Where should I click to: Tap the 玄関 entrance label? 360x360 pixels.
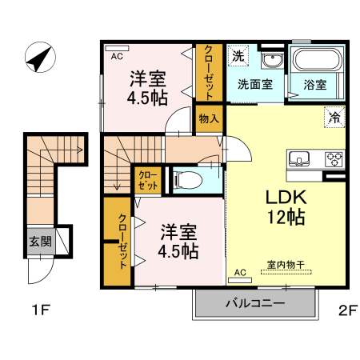point(39,241)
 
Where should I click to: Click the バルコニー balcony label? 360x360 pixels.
point(254,304)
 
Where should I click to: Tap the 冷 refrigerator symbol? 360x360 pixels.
point(334,117)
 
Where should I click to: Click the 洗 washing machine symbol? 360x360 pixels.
point(238,56)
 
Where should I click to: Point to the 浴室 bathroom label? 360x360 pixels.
point(315,82)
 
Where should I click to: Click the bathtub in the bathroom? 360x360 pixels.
point(317,60)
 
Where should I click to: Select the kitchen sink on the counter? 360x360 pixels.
point(299,158)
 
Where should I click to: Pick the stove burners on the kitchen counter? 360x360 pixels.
point(333,158)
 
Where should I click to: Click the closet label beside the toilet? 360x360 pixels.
point(148,180)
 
